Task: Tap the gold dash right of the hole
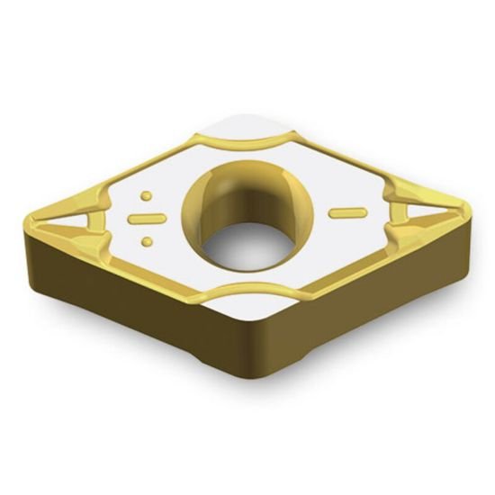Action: pos(347,212)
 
